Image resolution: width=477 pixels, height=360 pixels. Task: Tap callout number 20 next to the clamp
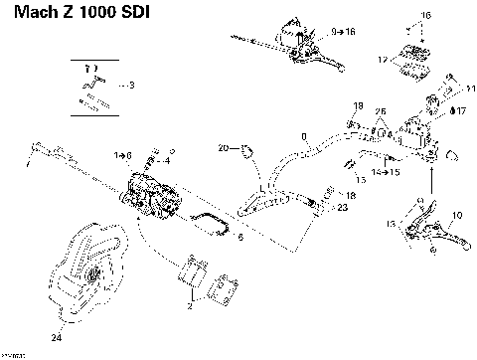point(224,148)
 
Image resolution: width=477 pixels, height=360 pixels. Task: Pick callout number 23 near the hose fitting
point(343,208)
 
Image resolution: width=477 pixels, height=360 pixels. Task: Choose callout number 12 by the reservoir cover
point(383,61)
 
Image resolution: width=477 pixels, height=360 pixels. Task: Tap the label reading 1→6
point(123,155)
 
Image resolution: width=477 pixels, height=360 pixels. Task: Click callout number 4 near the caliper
point(166,160)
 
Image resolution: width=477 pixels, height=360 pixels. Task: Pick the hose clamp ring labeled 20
point(244,150)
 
